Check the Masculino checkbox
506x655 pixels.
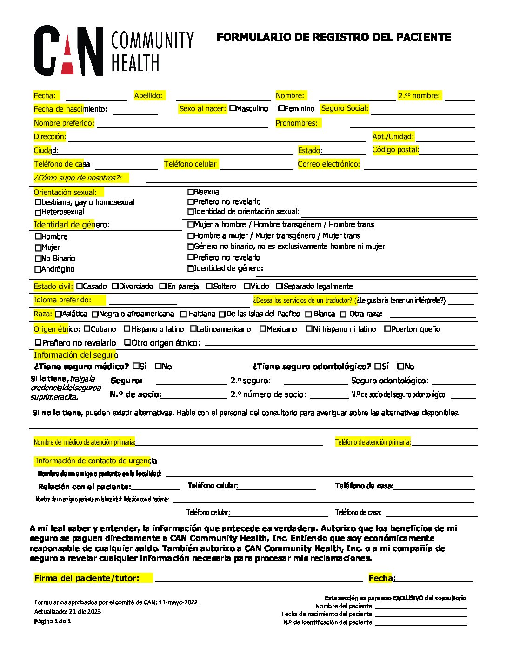click(233, 108)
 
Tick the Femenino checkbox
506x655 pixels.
click(281, 108)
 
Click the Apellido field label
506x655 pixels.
click(149, 95)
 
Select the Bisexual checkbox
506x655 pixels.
click(190, 192)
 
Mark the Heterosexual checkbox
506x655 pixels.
click(38, 212)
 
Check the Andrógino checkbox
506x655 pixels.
click(38, 269)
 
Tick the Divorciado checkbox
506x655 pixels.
click(115, 287)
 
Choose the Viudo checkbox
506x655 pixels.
click(247, 287)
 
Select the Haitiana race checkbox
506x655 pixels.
click(183, 314)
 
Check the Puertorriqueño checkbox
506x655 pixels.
click(387, 329)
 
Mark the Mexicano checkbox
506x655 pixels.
click(263, 329)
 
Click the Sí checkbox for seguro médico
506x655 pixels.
click(136, 366)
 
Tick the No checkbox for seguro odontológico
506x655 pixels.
click(401, 366)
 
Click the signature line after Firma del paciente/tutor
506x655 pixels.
click(259, 578)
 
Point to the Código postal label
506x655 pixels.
click(396, 150)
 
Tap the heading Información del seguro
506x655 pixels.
click(76, 355)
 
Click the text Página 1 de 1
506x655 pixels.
click(53, 622)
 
